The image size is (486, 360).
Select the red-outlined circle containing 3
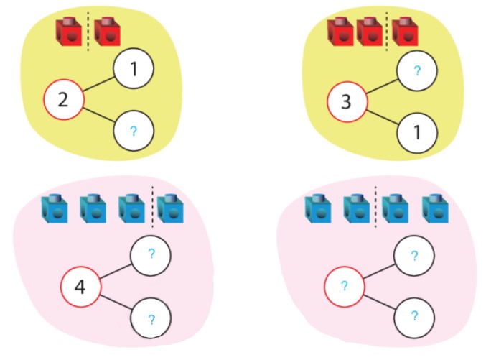[347, 103]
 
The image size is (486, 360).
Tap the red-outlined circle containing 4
[80, 287]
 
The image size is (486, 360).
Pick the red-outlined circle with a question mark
[344, 287]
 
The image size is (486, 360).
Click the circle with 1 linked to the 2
[133, 70]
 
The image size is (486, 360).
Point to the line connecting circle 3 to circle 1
[381, 119]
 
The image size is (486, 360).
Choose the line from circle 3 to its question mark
[381, 86]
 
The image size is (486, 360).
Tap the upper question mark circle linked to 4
[151, 254]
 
